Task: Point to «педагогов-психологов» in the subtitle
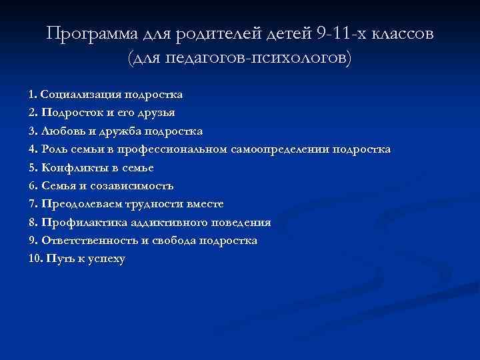click(253, 58)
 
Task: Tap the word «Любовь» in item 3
click(63, 131)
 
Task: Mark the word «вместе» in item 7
click(202, 204)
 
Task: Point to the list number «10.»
click(35, 259)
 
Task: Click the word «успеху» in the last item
click(105, 259)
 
